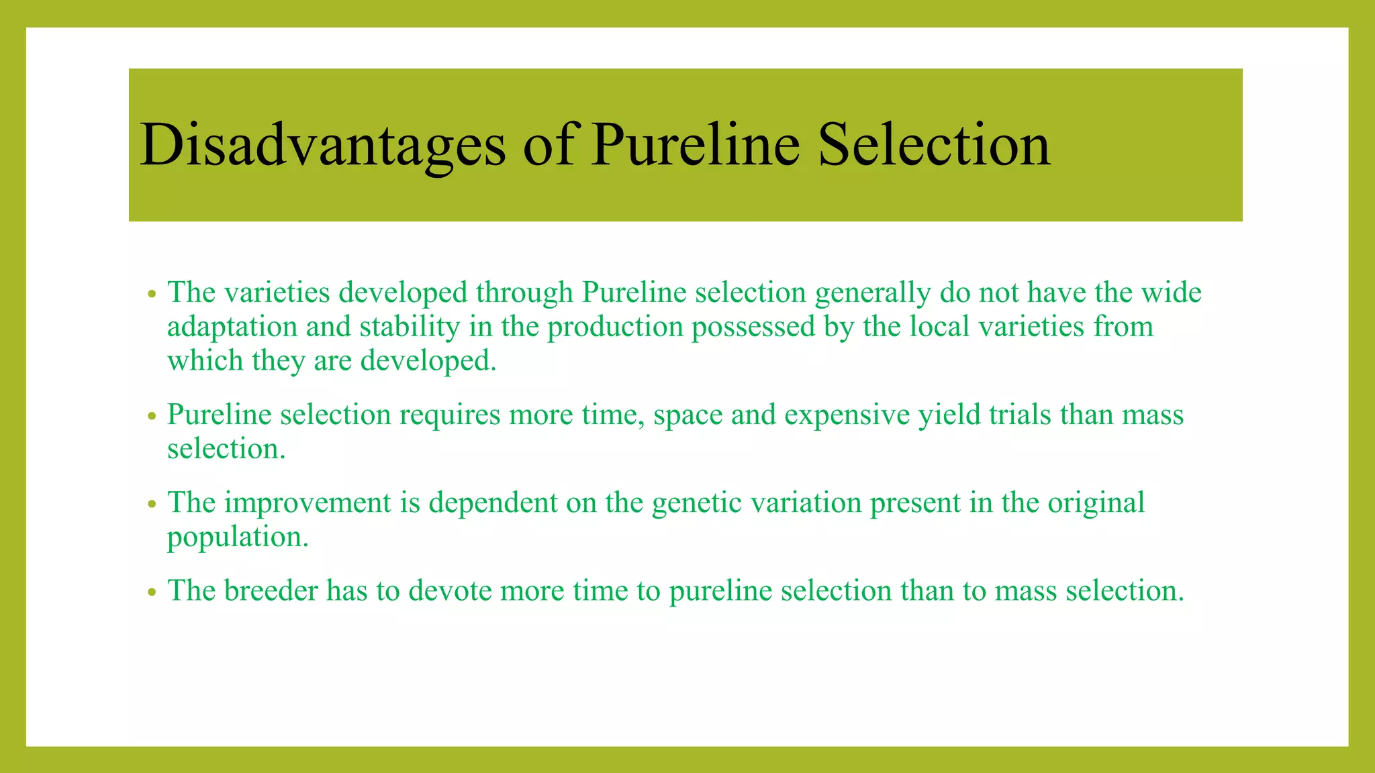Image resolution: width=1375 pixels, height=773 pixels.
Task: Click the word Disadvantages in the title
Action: coord(322,145)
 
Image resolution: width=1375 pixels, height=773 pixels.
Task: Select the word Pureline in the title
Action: coord(695,145)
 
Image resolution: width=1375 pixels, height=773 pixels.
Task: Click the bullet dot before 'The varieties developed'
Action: coord(152,294)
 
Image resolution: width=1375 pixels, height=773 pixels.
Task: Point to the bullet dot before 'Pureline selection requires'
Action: coord(152,416)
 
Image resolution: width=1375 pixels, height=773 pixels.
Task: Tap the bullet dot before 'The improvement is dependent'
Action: coord(152,504)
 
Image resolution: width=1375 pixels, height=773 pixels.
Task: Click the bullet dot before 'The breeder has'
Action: coord(152,592)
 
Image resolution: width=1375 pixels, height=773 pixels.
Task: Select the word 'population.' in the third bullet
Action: coord(238,537)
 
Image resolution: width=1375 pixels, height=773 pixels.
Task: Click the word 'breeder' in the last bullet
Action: coord(271,590)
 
